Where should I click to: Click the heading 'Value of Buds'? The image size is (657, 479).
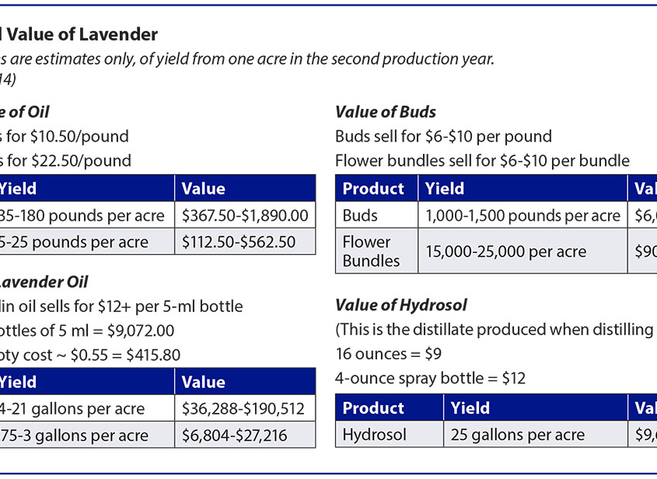[x=386, y=112]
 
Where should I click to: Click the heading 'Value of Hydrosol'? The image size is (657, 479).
[x=400, y=305]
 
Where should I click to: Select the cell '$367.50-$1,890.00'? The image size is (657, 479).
[x=245, y=215]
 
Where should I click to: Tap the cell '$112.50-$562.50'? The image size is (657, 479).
[x=239, y=242]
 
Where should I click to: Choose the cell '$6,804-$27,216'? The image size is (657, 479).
[x=235, y=435]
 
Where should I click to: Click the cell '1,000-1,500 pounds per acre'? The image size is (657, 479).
[x=522, y=215]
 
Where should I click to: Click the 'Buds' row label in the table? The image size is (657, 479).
[x=360, y=215]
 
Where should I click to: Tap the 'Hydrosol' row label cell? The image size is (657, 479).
[x=375, y=435]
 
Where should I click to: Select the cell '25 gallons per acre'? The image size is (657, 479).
[x=518, y=435]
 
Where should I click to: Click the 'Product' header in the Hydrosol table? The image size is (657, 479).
[x=374, y=408]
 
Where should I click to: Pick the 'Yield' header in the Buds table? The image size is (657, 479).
[x=445, y=189]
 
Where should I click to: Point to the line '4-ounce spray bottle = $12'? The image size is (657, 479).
[x=430, y=379]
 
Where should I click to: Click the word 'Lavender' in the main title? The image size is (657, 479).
[x=112, y=34]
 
